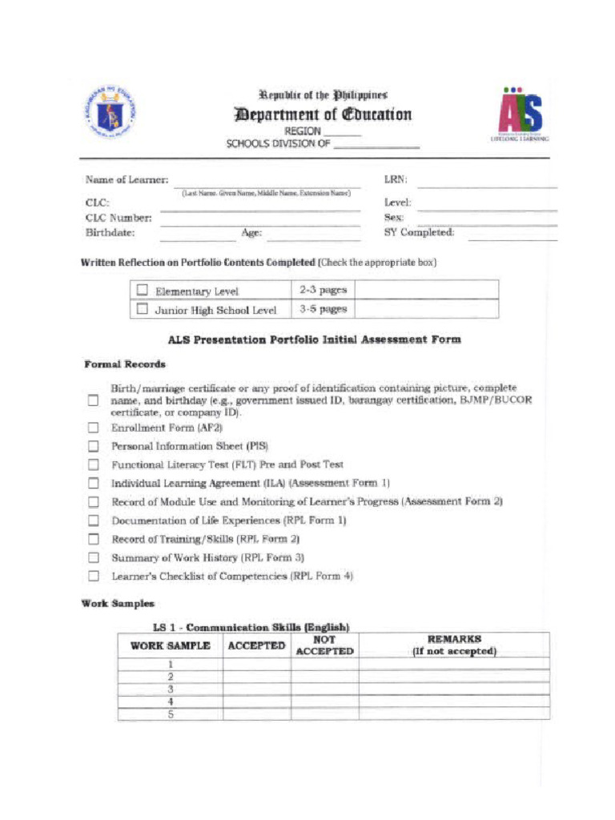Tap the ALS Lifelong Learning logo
pos(520,115)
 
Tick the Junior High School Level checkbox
pos(143,309)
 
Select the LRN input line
pos(487,183)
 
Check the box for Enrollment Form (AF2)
pos(94,428)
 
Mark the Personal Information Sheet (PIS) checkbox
pos(94,447)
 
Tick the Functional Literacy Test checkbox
pos(94,465)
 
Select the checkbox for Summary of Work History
pos(94,558)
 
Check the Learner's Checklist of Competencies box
pos(94,577)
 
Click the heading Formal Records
pos(125,364)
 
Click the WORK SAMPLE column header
pos(171,645)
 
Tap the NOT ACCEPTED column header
pos(324,645)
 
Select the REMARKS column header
pos(454,645)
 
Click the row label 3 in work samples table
pos(171,689)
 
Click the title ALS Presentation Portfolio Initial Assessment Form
pos(314,340)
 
